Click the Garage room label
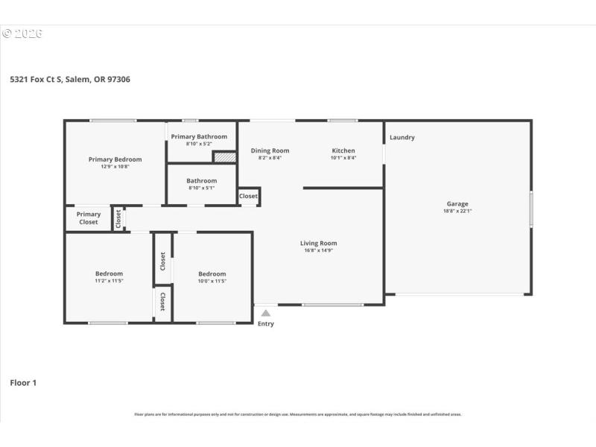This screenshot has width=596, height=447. pyautogui.click(x=457, y=203)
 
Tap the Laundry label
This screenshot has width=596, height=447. pyautogui.click(x=402, y=137)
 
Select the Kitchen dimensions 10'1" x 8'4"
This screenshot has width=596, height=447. pyautogui.click(x=343, y=158)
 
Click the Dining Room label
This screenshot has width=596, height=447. pyautogui.click(x=270, y=150)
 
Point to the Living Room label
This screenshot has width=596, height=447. pyautogui.click(x=318, y=243)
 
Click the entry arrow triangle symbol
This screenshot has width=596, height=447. pyautogui.click(x=265, y=313)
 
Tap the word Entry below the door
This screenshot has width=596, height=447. pyautogui.click(x=265, y=324)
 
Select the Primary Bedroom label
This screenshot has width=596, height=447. pyautogui.click(x=115, y=159)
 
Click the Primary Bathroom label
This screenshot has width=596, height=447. pyautogui.click(x=199, y=136)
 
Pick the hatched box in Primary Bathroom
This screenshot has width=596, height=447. pyautogui.click(x=224, y=157)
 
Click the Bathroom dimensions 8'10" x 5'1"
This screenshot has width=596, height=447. pyautogui.click(x=201, y=188)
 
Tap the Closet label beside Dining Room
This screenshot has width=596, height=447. pyautogui.click(x=248, y=197)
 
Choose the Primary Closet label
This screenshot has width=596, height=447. pyautogui.click(x=88, y=218)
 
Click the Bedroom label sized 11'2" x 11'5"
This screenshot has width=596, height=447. pyautogui.click(x=109, y=273)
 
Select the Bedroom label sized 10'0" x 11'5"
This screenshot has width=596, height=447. pyautogui.click(x=212, y=273)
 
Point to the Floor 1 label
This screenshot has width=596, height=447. pyautogui.click(x=23, y=383)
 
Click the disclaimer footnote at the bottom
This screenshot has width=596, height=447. pyautogui.click(x=298, y=414)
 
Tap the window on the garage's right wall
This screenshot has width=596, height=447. pyautogui.click(x=531, y=209)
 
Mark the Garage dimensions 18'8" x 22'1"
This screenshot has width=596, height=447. pyautogui.click(x=457, y=212)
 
